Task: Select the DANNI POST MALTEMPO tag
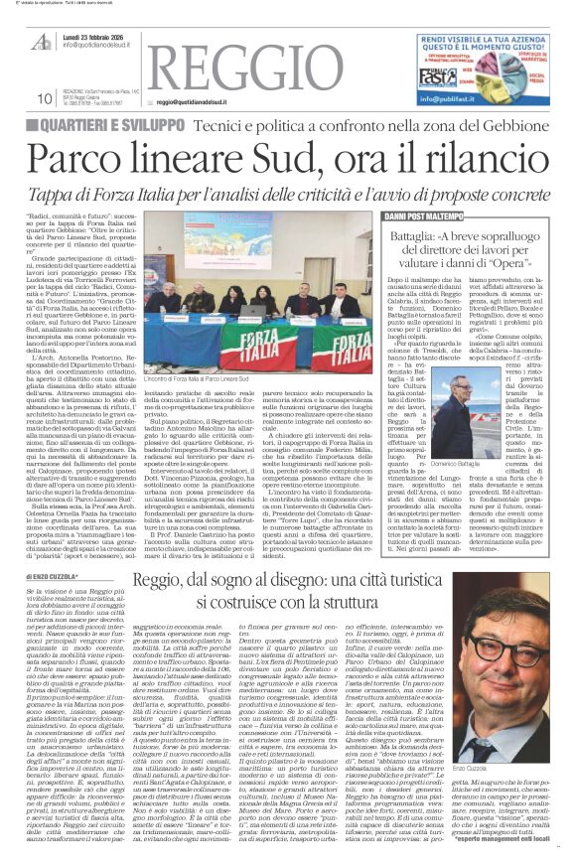pos(426,215)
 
